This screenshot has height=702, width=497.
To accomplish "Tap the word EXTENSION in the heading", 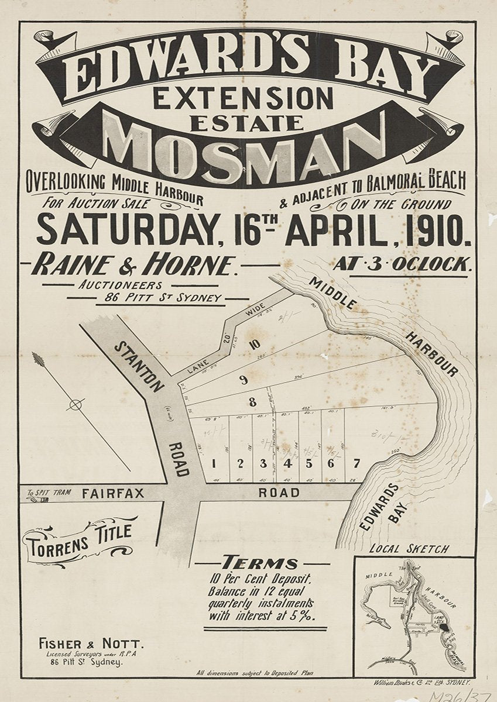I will pos(242,97).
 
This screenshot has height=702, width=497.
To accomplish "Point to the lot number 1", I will pos(214,464).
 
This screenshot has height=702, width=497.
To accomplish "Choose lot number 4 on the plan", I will pos(287,464).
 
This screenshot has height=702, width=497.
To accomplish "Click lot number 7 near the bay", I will pos(356,464).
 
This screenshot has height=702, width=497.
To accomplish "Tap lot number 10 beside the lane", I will pos(254,345).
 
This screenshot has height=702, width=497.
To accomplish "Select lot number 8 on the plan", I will pos(252,402).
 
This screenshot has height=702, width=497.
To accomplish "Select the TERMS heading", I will pos(262,563).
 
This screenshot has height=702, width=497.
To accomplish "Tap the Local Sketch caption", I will pos(409,549).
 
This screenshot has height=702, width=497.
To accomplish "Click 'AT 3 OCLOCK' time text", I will pos(402,264).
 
